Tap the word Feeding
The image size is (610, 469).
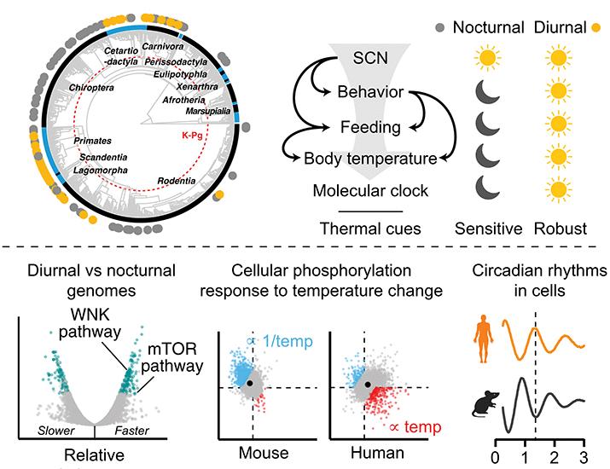(367, 127)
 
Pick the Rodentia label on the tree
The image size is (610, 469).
(181, 181)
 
